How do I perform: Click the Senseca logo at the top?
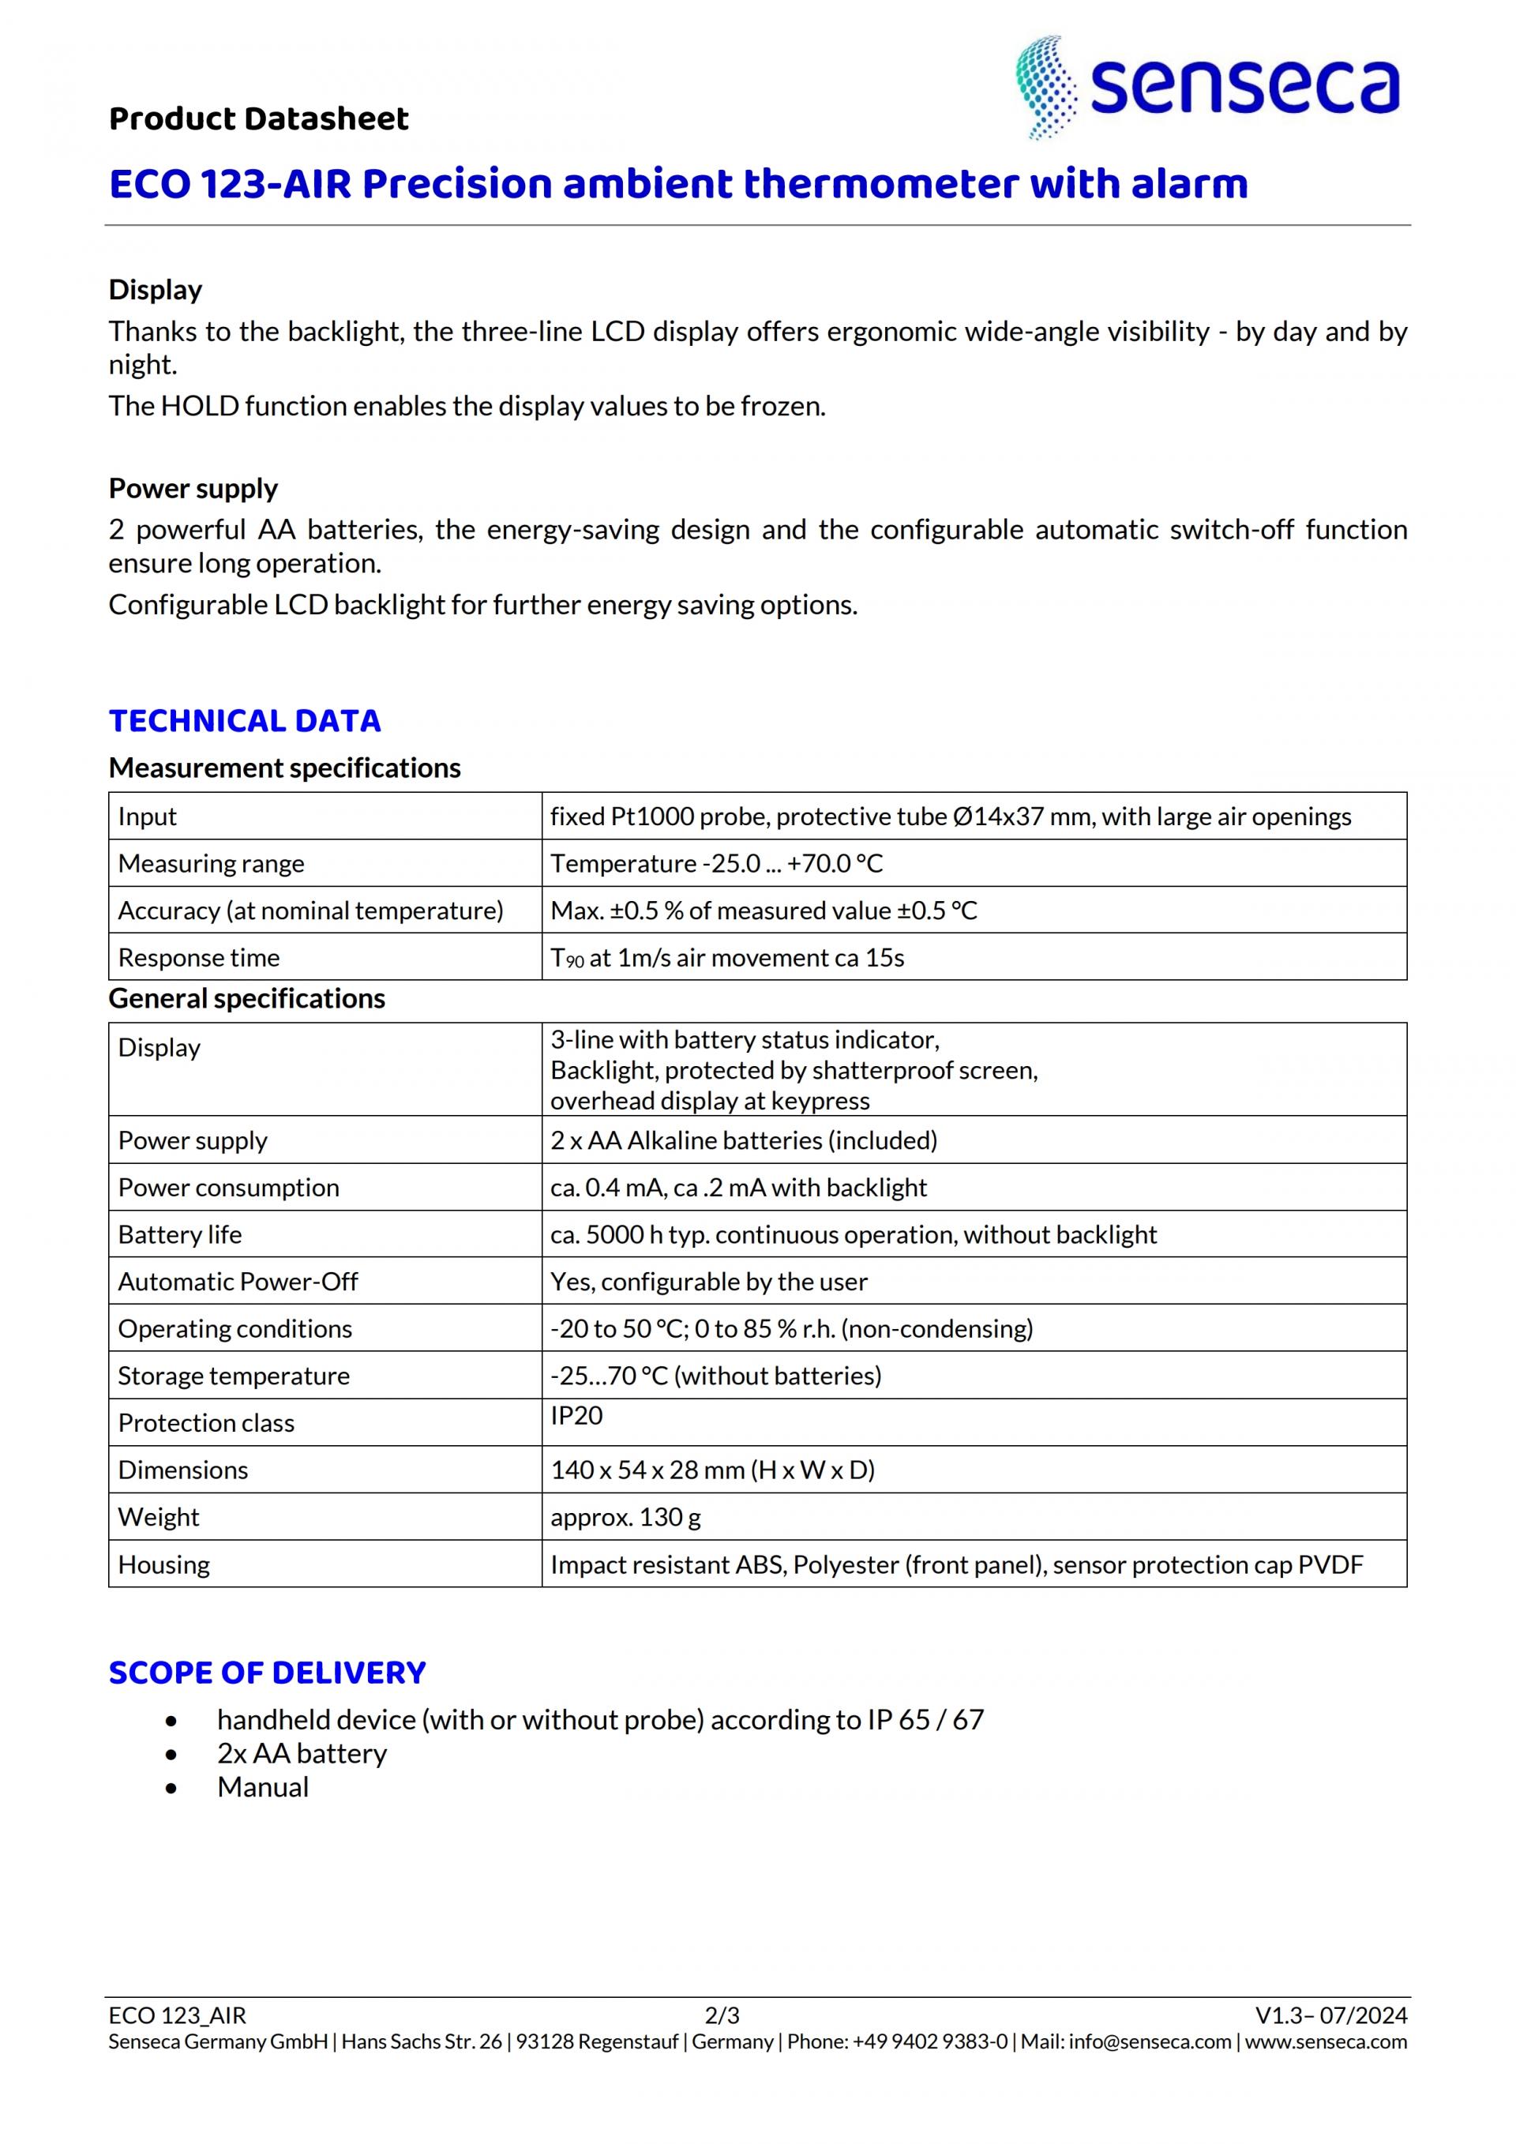(x=1208, y=88)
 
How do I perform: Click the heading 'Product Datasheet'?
(x=258, y=118)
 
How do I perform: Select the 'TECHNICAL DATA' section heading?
(x=245, y=721)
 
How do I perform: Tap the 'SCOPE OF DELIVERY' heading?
(x=267, y=1673)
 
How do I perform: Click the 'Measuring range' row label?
(x=211, y=864)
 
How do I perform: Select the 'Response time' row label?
(x=199, y=958)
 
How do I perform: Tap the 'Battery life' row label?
(x=179, y=1234)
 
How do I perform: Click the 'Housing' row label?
(x=163, y=1564)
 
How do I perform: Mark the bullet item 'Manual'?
(x=262, y=1787)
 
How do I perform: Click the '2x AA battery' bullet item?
(x=302, y=1754)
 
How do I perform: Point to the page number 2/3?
(x=722, y=2015)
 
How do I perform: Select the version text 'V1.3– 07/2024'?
(x=1330, y=2015)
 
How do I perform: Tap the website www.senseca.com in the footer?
(x=1326, y=2042)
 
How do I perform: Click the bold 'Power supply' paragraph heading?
(x=193, y=488)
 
